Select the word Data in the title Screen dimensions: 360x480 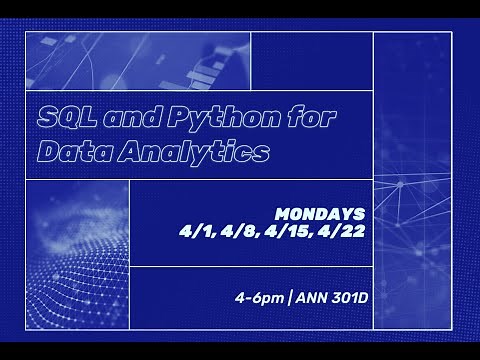pyautogui.click(x=66, y=152)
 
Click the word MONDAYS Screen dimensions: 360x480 pyautogui.click(x=320, y=214)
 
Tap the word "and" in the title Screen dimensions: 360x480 pyautogui.click(x=120, y=117)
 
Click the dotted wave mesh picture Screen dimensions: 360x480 pyautogui.click(x=77, y=255)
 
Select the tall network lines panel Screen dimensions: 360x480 pyautogui.click(x=413, y=180)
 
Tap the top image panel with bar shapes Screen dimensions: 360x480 pyautogui.click(x=137, y=61)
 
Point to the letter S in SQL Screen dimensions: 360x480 pyautogui.click(x=46, y=117)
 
